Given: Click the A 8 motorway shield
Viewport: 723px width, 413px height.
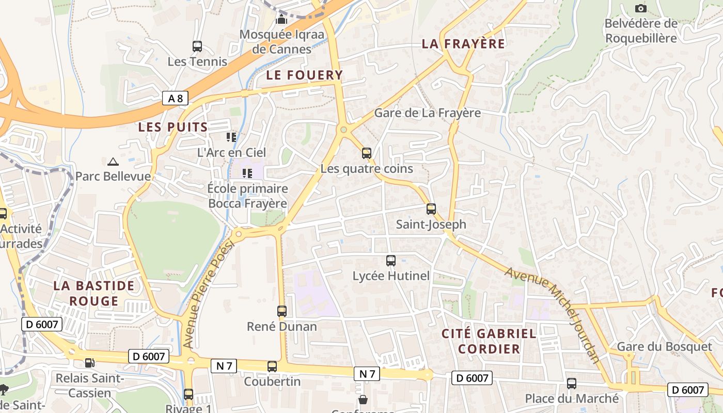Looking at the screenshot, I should tap(175, 98).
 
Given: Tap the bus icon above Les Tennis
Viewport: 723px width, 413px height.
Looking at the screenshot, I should tap(197, 46).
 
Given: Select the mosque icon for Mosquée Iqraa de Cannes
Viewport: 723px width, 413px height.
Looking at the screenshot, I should tap(281, 20).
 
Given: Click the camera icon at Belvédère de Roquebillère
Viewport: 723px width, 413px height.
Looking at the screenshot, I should tap(640, 8).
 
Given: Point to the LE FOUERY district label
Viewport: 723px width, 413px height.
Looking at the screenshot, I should tap(305, 75).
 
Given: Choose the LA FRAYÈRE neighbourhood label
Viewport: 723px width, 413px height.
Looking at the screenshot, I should tap(463, 44).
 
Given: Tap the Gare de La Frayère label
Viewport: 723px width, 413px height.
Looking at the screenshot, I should tap(427, 113).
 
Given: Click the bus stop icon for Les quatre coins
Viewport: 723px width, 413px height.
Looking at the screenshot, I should tap(367, 153).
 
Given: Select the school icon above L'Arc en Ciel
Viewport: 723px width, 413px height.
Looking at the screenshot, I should tap(231, 137).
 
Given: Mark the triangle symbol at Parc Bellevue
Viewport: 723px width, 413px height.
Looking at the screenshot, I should tap(113, 162).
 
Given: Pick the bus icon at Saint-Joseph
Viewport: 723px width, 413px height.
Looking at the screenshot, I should tap(431, 209).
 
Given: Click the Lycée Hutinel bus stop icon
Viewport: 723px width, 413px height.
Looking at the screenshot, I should tap(391, 261).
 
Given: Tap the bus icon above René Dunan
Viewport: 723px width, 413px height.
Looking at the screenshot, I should tap(282, 311).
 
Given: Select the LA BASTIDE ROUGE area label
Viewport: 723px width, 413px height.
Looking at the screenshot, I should tap(94, 293).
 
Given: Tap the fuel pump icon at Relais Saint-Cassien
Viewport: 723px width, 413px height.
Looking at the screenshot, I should tap(90, 363).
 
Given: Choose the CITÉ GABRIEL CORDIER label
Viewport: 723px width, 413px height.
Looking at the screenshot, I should tap(489, 341).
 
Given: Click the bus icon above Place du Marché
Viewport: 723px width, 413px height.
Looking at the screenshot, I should tap(572, 383).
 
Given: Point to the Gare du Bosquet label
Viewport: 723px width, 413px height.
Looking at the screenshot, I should tap(664, 346).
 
